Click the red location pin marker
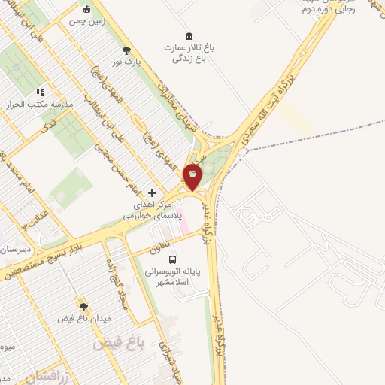tap(193, 177)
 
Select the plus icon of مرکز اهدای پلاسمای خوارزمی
tap(153, 192)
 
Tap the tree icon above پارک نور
tap(126, 50)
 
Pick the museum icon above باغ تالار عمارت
tap(188, 35)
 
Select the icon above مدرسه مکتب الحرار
tap(40, 92)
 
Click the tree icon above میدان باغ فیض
tap(83, 307)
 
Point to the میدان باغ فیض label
tap(84, 319)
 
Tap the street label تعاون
tap(183, 237)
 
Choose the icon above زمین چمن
tap(88, 10)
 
